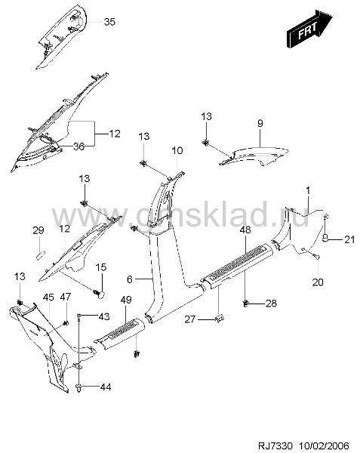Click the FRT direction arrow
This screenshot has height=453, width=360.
point(309,29)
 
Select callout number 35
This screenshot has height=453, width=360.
point(109,22)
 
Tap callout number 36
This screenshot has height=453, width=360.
point(78,146)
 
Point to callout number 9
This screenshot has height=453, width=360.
point(260,123)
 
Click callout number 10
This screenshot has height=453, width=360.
point(177,150)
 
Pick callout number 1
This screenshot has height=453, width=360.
point(308,191)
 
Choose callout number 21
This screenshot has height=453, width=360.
point(349,239)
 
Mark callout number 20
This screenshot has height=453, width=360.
point(318,282)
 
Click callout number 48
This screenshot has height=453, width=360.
point(245,230)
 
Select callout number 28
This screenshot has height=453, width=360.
point(271,303)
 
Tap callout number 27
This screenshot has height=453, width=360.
point(190,319)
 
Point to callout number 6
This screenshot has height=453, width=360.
point(129,279)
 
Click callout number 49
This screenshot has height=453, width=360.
point(126,300)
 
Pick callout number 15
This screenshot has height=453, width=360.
point(101,267)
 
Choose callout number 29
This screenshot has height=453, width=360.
point(38,230)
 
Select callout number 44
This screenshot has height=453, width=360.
point(106,387)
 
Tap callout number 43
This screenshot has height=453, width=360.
point(104,316)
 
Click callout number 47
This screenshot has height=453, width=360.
point(66,297)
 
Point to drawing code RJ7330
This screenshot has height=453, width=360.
point(275,445)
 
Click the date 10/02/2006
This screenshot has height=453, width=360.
point(325,445)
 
